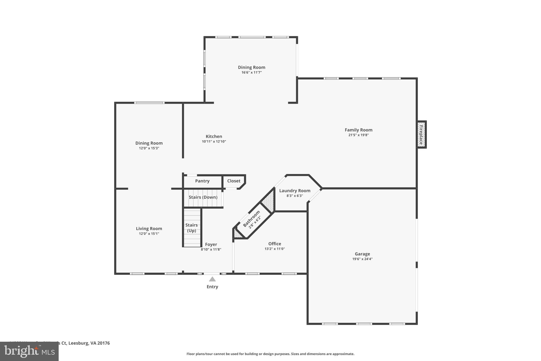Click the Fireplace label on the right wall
(x=421, y=135)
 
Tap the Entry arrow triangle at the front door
(x=212, y=279)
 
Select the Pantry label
(x=202, y=181)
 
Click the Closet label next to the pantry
(x=234, y=181)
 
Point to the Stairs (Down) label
(x=203, y=197)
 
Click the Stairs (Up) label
(x=192, y=228)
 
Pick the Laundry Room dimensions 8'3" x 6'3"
(x=295, y=196)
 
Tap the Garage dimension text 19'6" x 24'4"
(x=362, y=259)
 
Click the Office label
(x=275, y=244)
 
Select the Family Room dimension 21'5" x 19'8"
(x=358, y=135)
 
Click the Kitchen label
(x=214, y=136)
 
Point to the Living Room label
(x=149, y=229)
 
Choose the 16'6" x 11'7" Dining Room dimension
(x=251, y=72)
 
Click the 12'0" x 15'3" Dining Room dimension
(x=149, y=148)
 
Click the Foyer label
(x=211, y=245)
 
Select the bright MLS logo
(x=29, y=351)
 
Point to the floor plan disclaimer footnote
(x=270, y=354)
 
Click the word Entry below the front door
(x=212, y=287)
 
